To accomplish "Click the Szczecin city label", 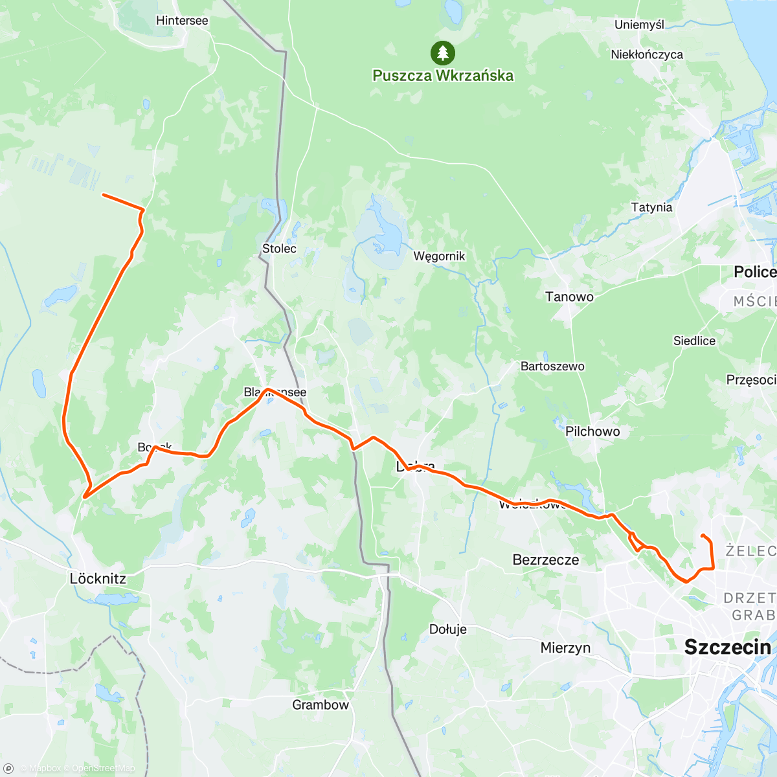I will coord(727,647).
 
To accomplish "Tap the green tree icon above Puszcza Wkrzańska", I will coord(442,52).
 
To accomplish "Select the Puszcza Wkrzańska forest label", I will coord(443,76).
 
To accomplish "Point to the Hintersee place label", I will coord(182,21).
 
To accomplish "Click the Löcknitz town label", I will coord(98,578).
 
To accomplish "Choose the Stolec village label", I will coord(279,249).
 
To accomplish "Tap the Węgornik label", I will coord(439,256).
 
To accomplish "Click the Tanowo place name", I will coord(569,297).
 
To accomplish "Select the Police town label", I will coord(754,272).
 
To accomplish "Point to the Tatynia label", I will coord(651,208).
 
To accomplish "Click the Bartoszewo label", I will coord(552,366).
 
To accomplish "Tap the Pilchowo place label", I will coord(592,431).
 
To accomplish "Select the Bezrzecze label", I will coord(545,560).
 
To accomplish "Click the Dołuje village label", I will coord(447,629).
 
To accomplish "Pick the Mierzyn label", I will coord(565,647).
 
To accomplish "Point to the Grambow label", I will coord(321,705).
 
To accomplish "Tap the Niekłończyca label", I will coord(646,55).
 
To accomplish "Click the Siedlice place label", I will coord(694,341).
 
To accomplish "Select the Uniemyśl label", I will coord(639,25).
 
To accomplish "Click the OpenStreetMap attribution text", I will coord(103,769).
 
